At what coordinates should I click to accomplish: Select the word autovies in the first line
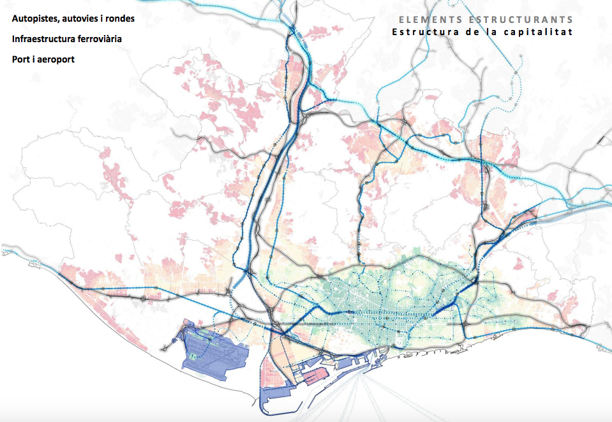pyautogui.click(x=79, y=19)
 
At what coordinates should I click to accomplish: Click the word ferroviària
pyautogui.click(x=100, y=39)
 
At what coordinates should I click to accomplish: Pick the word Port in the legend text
pyautogui.click(x=20, y=60)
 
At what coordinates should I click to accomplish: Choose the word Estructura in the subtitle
pyautogui.click(x=426, y=31)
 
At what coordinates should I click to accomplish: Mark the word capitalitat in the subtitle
pyautogui.click(x=539, y=31)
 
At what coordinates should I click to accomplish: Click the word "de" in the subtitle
pyautogui.click(x=476, y=31)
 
